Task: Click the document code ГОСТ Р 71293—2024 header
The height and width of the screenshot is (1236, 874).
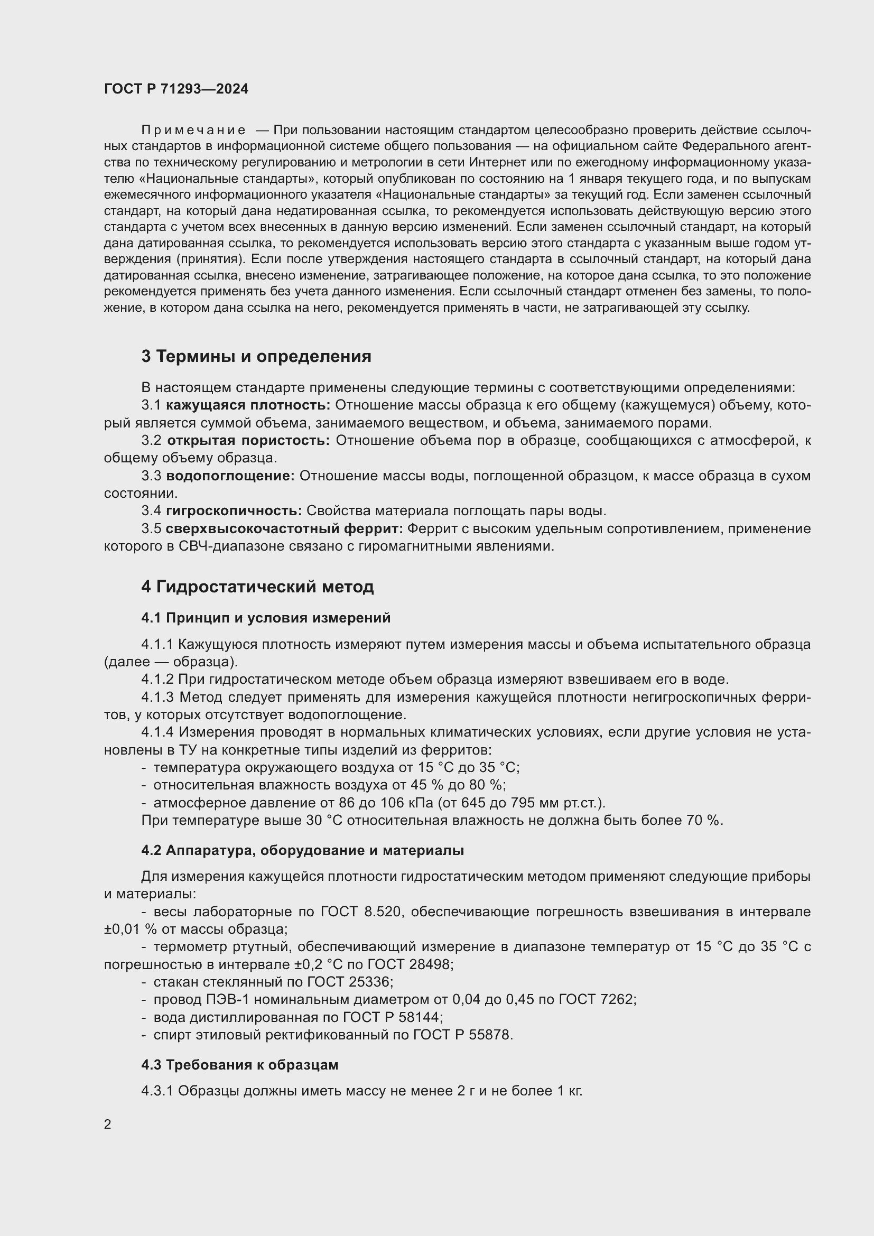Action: point(176,89)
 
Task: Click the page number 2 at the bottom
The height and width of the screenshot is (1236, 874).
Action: point(108,1125)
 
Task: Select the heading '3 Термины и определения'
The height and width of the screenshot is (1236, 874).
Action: point(256,356)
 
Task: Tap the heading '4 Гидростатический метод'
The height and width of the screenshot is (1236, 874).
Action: point(257,586)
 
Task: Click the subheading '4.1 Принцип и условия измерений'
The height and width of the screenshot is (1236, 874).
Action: point(266,618)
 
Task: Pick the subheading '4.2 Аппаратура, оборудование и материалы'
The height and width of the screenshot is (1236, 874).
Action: point(302,850)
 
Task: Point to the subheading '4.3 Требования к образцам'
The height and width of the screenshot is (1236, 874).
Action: point(240,1065)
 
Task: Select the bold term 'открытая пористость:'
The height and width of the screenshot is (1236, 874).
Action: point(248,440)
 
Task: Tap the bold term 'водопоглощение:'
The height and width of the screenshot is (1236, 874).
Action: point(230,476)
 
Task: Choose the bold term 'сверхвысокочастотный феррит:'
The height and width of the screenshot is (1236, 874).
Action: point(284,528)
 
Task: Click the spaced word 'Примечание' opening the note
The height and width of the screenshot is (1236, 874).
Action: point(194,131)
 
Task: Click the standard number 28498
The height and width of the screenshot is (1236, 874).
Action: point(429,964)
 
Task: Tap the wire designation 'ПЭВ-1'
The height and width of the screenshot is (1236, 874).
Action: point(228,1000)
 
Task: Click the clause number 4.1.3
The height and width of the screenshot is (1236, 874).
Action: point(157,697)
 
